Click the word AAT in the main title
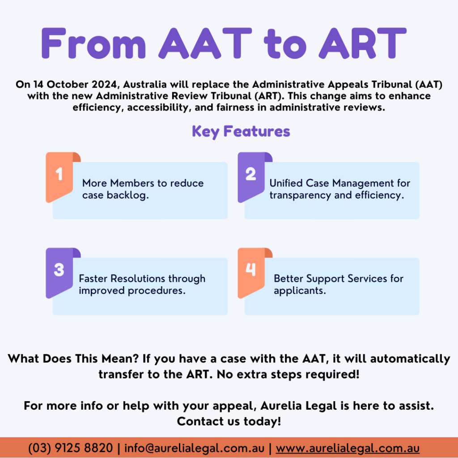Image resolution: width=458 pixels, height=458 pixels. pos(205,43)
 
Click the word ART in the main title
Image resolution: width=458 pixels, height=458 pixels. pos(362,43)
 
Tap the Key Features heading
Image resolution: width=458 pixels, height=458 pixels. pos(241,131)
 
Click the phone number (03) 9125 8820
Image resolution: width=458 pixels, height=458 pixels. pos(70,448)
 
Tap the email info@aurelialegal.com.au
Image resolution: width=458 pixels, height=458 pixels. pos(194,448)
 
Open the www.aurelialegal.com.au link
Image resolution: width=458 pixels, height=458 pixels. pos(348,448)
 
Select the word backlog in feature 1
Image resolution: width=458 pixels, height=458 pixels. pos(127,195)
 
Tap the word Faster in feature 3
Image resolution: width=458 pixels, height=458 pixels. pos(93,279)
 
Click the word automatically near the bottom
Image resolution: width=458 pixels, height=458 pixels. pos(410,359)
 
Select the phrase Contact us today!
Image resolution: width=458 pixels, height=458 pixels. pos(229,421)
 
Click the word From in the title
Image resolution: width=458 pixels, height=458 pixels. pos(93,43)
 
